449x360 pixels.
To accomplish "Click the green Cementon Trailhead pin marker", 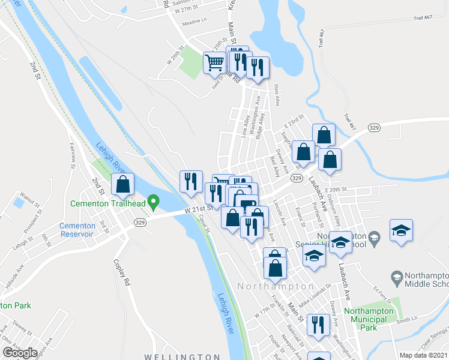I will point(154,203).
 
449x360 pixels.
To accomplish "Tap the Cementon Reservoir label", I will point(77,230).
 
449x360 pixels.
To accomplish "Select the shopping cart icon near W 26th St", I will point(214,62).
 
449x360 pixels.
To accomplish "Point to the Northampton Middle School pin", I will point(396,277).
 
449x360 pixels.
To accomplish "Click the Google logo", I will point(20,353).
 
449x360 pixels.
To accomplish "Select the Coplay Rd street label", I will point(121,272).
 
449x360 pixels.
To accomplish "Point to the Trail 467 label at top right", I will point(423,18).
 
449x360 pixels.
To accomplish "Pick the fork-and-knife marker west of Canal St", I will point(191,181).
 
